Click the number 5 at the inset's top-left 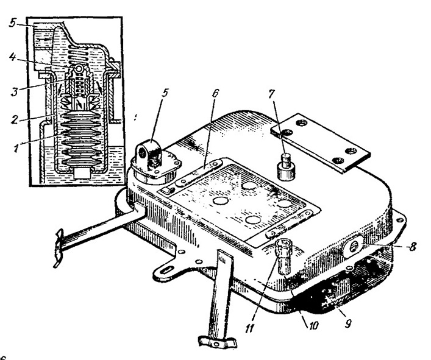[x=12, y=23]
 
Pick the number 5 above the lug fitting [x=165, y=93]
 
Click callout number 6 [x=215, y=93]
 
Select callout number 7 [x=271, y=94]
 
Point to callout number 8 [x=411, y=246]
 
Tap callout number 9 [x=347, y=323]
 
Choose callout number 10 [x=313, y=325]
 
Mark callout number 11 [x=250, y=328]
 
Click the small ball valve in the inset [x=79, y=68]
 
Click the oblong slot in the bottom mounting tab [x=166, y=270]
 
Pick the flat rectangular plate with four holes [x=320, y=143]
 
